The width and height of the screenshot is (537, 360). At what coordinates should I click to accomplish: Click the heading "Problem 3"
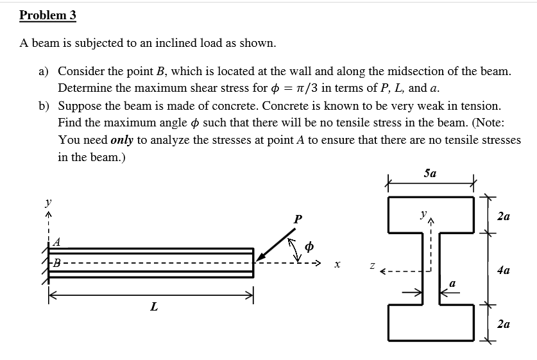[47, 15]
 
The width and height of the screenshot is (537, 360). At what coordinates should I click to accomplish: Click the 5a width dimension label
[430, 173]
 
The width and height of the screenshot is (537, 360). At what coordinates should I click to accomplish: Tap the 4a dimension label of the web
[504, 270]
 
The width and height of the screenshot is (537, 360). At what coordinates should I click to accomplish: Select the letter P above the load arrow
[296, 219]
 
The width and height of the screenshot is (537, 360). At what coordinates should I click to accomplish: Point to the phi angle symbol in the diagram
[309, 246]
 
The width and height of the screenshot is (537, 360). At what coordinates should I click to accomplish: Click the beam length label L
[153, 307]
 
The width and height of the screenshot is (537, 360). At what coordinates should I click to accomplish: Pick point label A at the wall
[57, 242]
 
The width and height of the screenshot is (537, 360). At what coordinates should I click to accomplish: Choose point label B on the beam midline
[57, 261]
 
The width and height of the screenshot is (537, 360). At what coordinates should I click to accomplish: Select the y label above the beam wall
[48, 201]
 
